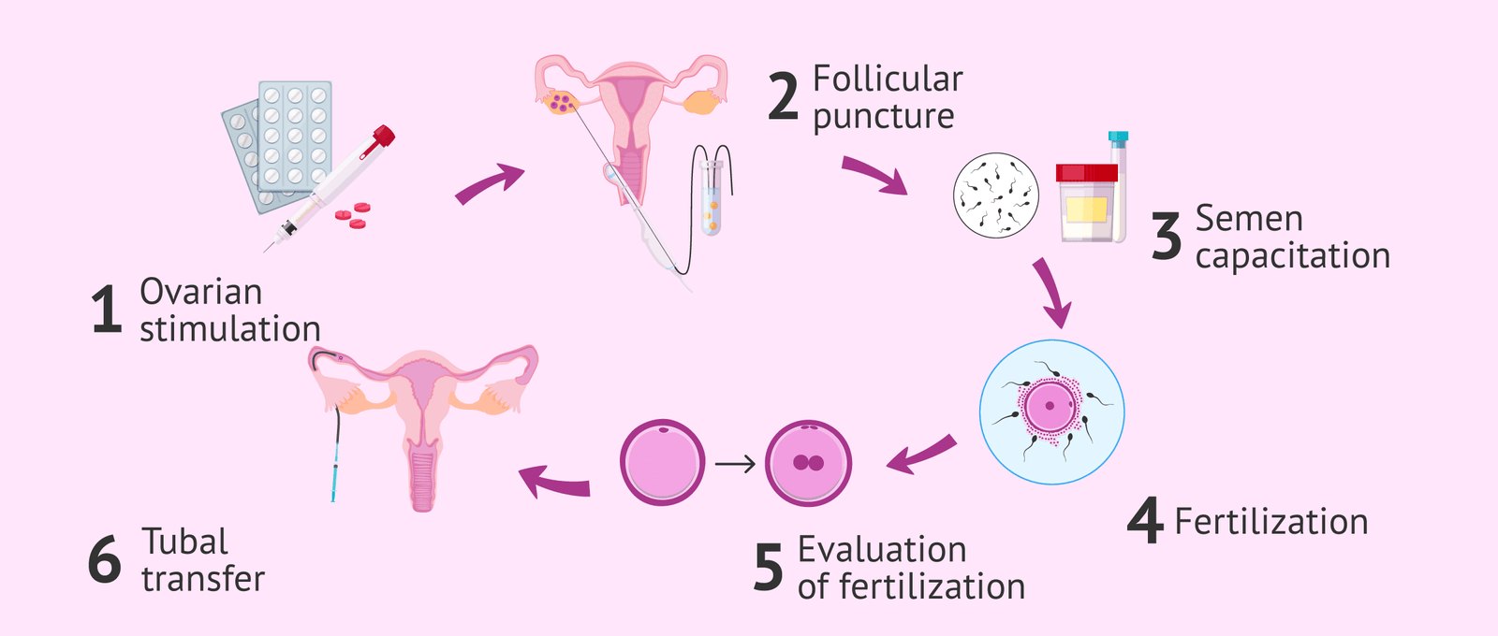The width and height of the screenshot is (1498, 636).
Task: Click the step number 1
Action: point(107,309)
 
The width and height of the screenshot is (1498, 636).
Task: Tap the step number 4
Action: point(1144,520)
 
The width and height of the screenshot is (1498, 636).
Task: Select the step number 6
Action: point(105,559)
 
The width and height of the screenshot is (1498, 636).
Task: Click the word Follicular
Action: point(889,79)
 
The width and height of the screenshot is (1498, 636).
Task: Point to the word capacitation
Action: point(1293,256)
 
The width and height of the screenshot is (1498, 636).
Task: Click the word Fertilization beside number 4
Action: point(1271,522)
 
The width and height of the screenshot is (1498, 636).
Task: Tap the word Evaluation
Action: point(882,550)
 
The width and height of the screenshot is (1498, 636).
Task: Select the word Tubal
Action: point(184,542)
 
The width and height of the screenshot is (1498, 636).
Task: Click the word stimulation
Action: point(230,329)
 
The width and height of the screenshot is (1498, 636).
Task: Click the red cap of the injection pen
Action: point(383,137)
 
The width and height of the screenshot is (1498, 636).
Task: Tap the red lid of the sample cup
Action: point(1087,173)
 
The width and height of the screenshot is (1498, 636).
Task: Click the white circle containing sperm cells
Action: point(996,195)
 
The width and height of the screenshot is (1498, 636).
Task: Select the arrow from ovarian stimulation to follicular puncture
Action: point(488,183)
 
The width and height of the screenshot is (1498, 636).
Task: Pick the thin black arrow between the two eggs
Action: point(735,464)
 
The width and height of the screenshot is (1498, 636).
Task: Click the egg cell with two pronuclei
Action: point(808,462)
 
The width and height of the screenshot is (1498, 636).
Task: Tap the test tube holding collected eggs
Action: point(712,198)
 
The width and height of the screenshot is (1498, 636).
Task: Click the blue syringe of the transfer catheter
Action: point(334,473)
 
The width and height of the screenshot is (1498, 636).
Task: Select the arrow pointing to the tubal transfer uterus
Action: point(555,483)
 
